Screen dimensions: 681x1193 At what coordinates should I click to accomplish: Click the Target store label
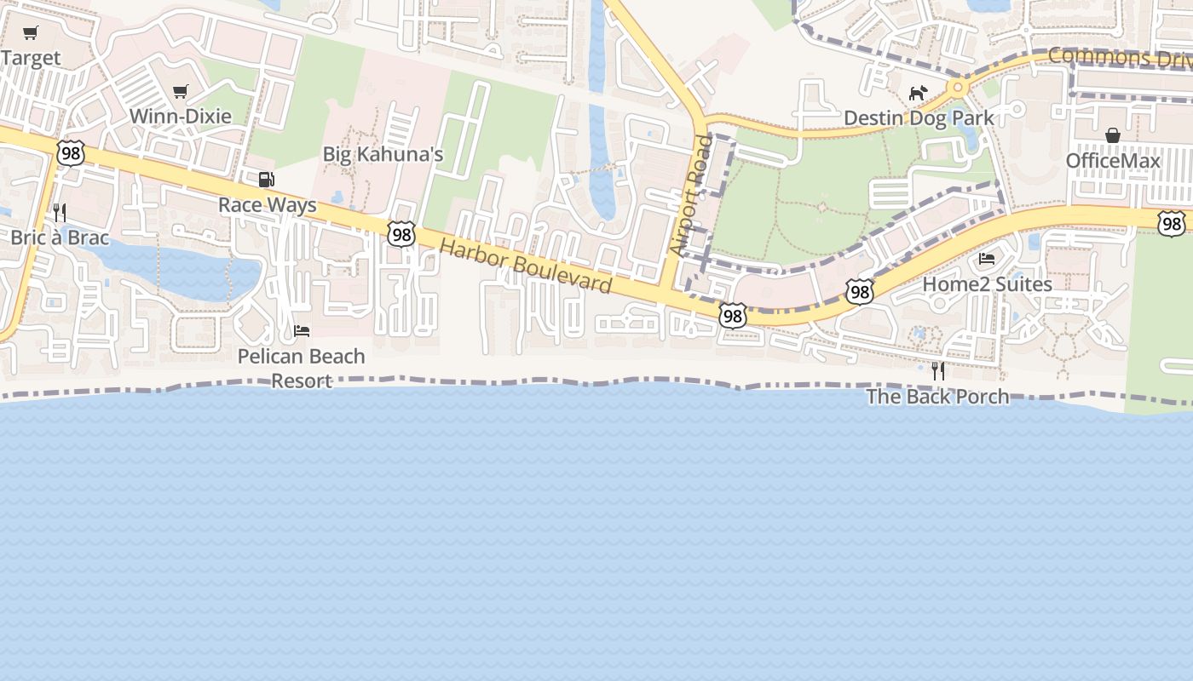tap(31, 58)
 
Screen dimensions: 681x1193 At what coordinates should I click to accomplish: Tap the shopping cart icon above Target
tap(31, 33)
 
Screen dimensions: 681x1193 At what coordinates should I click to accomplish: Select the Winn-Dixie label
tap(180, 116)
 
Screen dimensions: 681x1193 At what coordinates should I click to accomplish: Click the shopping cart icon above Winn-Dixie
tap(180, 91)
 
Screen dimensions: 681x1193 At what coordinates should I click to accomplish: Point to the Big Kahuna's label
tap(383, 154)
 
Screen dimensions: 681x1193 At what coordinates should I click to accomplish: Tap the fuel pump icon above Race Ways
tap(267, 180)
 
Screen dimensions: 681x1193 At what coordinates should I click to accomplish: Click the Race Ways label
tap(267, 205)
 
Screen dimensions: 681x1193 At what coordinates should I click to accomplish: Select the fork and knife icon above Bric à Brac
tap(60, 212)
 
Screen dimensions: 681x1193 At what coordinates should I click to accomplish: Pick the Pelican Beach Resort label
tap(301, 368)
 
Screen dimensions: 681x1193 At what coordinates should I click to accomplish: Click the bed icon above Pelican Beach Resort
tap(301, 331)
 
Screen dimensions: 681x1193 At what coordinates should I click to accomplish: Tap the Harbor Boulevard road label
tap(526, 266)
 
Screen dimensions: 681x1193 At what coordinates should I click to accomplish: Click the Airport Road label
tap(690, 195)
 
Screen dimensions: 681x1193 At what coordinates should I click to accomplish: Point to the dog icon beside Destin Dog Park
tap(918, 93)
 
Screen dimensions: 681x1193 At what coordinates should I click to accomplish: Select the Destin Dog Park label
tap(919, 117)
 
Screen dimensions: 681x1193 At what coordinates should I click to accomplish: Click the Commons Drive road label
tap(1119, 58)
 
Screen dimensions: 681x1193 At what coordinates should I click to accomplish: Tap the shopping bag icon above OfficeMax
tap(1112, 135)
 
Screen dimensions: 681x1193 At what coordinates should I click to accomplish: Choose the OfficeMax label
tap(1113, 161)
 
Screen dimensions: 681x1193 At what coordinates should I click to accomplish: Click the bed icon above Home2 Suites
tap(987, 259)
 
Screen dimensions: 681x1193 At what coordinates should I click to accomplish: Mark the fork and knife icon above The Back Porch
tap(937, 371)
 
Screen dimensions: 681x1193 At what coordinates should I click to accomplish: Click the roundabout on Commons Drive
tap(960, 87)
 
